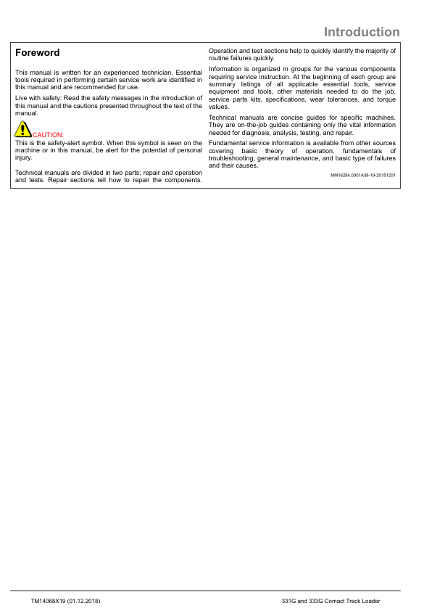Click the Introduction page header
point(361,32)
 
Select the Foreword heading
point(38,53)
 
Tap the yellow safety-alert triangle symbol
point(23,130)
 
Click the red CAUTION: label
point(49,135)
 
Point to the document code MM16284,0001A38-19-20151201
point(362,176)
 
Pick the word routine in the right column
point(220,58)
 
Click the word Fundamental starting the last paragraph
point(227,143)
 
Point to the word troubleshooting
point(233,158)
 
